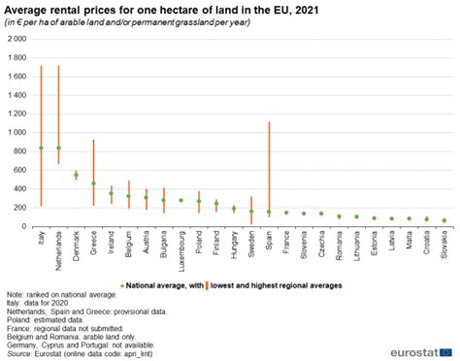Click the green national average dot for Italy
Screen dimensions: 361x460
click(41, 148)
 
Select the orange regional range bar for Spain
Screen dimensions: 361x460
click(269, 165)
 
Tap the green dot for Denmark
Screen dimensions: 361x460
click(76, 176)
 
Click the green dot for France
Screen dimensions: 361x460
click(286, 213)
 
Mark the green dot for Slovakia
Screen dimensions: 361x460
click(444, 220)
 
